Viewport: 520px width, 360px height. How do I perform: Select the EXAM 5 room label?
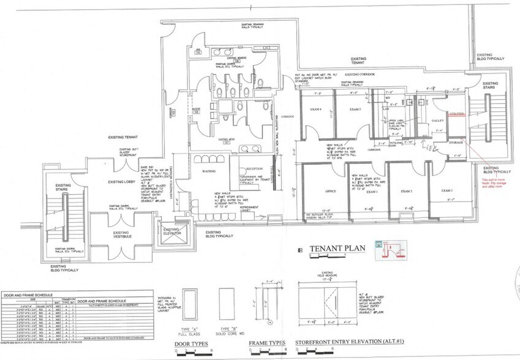point(355,109)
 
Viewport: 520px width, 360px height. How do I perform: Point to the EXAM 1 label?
point(372,192)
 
